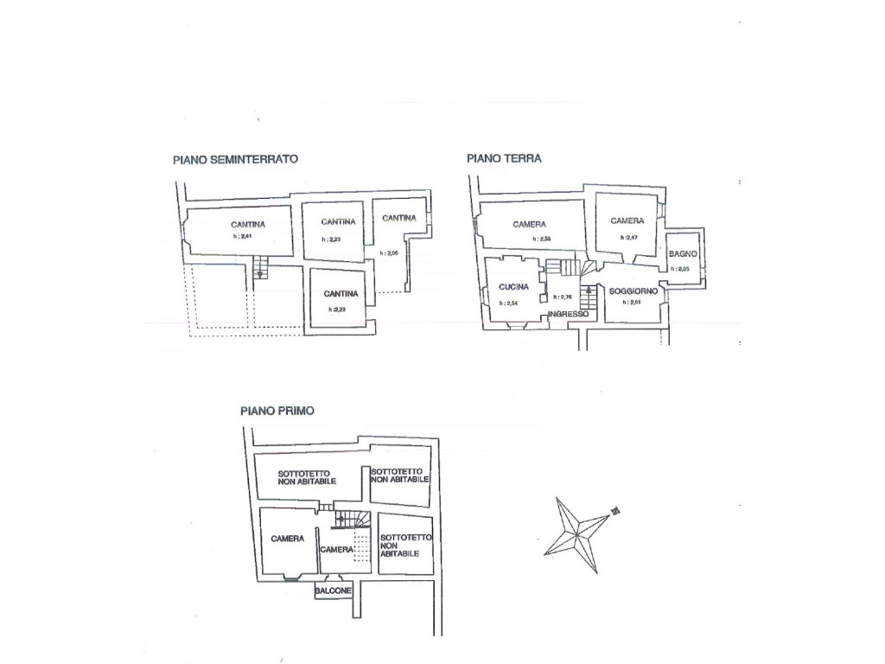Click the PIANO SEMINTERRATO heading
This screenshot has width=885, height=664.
pyautogui.click(x=235, y=159)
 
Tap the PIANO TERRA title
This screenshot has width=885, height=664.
pyautogui.click(x=504, y=158)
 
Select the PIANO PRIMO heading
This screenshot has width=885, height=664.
pyautogui.click(x=277, y=412)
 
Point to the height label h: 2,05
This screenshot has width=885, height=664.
pyautogui.click(x=391, y=253)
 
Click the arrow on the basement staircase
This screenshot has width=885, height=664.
pyautogui.click(x=261, y=273)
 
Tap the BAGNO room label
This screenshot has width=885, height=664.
pyautogui.click(x=684, y=252)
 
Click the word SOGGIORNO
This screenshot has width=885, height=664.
pyautogui.click(x=634, y=291)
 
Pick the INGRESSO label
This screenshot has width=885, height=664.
pyautogui.click(x=568, y=314)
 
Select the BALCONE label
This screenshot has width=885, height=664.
pyautogui.click(x=334, y=591)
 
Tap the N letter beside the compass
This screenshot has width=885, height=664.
pyautogui.click(x=615, y=511)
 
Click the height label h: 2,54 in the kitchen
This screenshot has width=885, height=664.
pyautogui.click(x=508, y=303)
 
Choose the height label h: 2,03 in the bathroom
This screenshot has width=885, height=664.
pyautogui.click(x=680, y=269)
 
